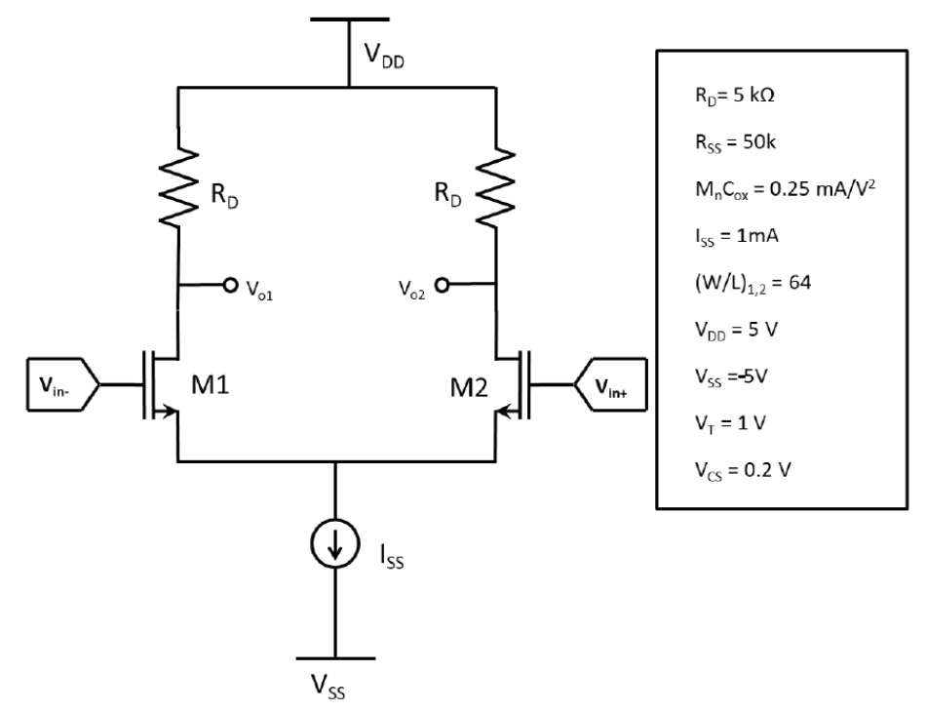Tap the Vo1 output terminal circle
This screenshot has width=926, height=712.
click(230, 286)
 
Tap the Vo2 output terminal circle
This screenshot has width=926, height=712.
click(444, 286)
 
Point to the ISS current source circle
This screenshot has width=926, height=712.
click(335, 548)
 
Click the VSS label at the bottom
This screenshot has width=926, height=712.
click(334, 692)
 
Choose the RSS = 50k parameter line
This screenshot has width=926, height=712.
click(720, 142)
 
